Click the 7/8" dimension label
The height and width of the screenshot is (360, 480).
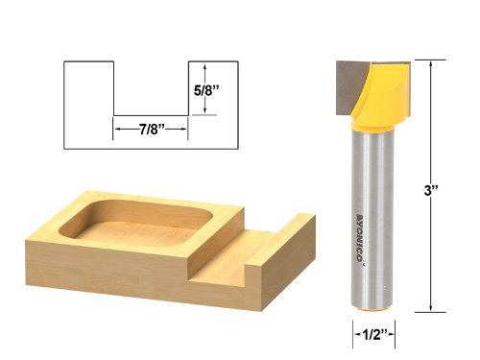point(151,131)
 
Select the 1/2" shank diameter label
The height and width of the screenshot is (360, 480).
point(372,334)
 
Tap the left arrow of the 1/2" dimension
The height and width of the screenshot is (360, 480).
point(348,334)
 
